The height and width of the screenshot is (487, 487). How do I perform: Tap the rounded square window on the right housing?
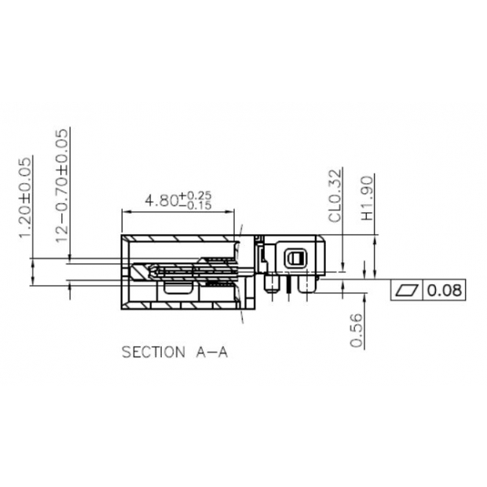coord(295,258)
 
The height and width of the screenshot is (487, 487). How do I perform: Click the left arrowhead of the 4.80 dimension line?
coord(125,212)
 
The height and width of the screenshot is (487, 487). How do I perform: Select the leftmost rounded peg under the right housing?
coord(270,284)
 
